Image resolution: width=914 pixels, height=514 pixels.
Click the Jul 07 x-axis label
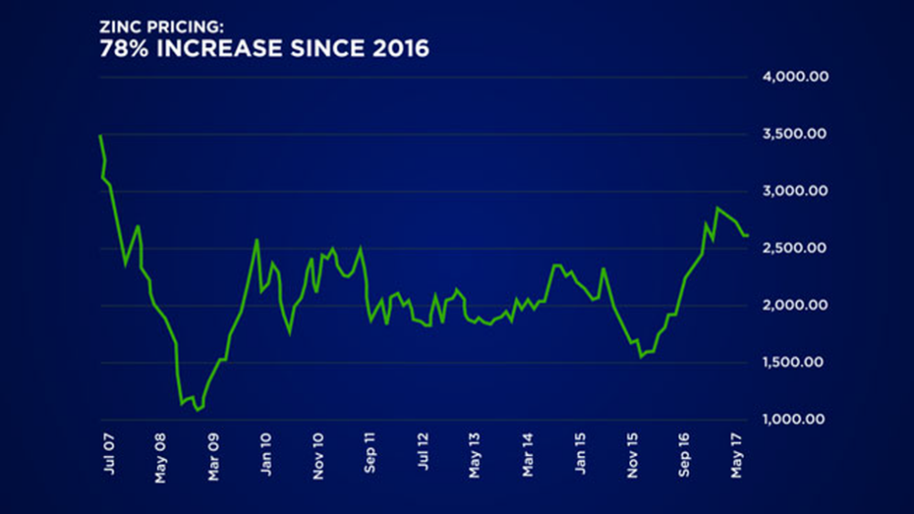tap(109, 454)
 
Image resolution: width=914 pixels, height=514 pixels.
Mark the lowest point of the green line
tap(196, 410)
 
